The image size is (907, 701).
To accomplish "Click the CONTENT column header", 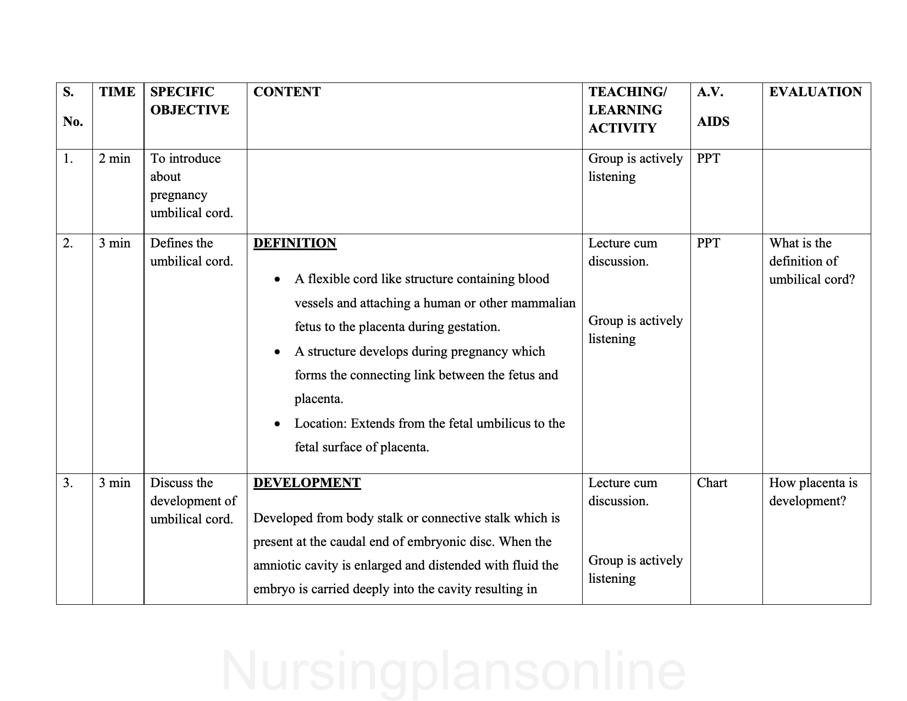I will [287, 92].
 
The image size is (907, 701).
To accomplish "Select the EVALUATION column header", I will [815, 92].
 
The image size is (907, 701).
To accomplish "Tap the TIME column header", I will [117, 92].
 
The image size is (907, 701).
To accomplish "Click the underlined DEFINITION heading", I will [295, 243].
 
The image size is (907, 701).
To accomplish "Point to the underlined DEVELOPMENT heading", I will [307, 483].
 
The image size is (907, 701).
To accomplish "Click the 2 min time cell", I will [114, 159].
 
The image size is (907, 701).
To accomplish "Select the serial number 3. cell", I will [68, 483].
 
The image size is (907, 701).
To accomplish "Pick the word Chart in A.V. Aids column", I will [712, 483].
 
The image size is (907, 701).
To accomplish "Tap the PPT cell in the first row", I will [708, 159].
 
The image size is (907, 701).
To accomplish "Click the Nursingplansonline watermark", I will [453, 671].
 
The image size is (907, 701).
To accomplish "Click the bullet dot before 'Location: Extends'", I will [278, 424].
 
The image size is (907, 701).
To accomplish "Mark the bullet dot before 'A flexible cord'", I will [278, 280].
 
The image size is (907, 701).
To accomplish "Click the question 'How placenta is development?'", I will [813, 492].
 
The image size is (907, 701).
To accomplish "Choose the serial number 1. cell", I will [68, 159].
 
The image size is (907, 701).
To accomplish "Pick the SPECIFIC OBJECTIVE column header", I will [190, 101].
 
